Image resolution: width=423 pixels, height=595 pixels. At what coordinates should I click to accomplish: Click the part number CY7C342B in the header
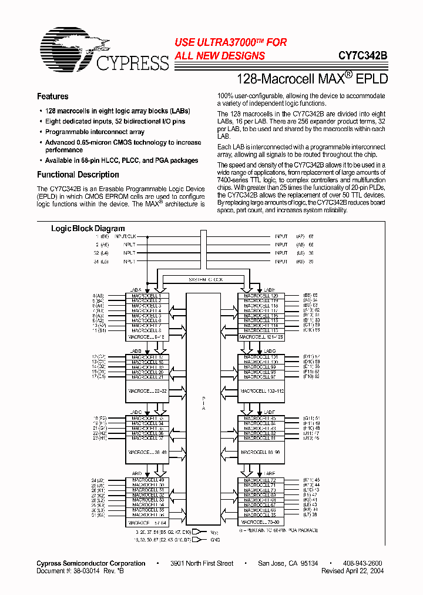(362, 56)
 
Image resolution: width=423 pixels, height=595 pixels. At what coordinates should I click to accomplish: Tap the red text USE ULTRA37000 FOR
(231, 42)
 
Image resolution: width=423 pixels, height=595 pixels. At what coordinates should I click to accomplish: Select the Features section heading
(53, 96)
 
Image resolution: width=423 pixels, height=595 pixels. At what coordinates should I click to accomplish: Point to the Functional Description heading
(78, 175)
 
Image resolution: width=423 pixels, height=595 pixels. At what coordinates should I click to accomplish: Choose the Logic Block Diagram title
(88, 228)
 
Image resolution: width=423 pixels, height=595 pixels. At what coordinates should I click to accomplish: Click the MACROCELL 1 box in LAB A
(147, 296)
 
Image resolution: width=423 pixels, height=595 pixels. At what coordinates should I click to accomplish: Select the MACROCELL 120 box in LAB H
(261, 296)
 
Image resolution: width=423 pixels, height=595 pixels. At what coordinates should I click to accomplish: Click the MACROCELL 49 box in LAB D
(147, 480)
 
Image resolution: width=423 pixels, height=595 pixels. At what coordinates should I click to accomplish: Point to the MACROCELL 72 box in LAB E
(261, 480)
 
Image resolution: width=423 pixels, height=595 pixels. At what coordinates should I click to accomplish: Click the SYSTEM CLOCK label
(205, 280)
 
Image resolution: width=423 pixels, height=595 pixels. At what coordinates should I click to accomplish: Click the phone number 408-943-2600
(362, 563)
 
